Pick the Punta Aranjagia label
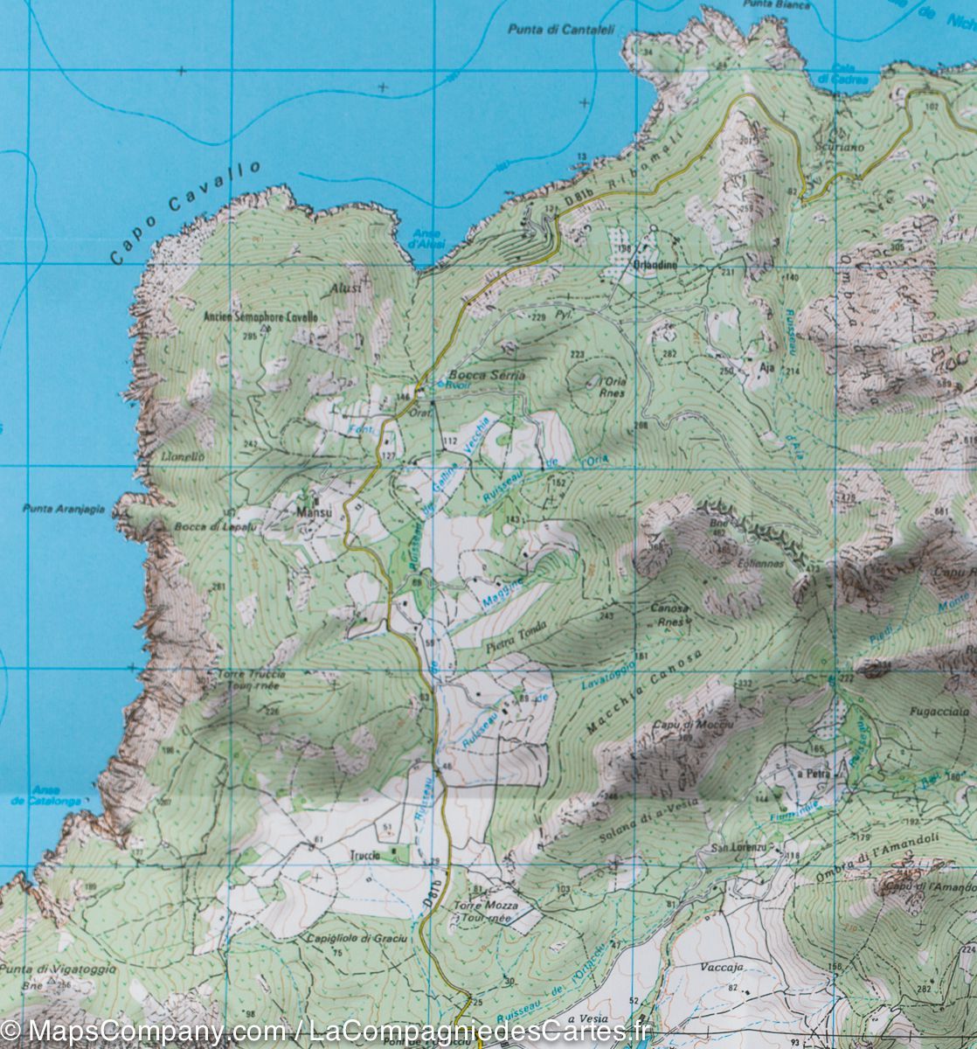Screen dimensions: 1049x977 [x=64, y=509]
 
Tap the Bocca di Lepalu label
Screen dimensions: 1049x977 [x=202, y=527]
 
